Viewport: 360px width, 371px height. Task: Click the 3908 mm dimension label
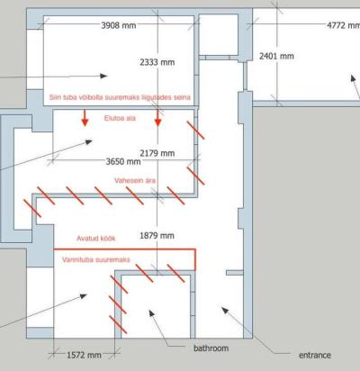coord(119,25)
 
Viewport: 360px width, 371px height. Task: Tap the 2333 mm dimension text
coord(157,62)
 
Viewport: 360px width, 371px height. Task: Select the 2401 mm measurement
coord(276,56)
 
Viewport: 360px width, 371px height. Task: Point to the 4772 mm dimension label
coord(344,25)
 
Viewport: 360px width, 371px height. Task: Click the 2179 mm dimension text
coord(157,153)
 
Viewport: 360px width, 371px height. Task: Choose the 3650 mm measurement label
coord(123,162)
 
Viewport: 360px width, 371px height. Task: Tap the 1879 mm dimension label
coord(157,236)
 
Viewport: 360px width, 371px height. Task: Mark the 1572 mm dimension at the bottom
coord(84,356)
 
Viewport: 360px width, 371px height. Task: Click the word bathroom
coord(211,348)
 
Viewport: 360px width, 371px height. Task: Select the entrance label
coord(315,356)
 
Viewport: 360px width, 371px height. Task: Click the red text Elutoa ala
coord(120,118)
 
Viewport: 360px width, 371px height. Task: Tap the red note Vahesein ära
coord(135,181)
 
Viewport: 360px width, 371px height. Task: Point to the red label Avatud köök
coord(96,239)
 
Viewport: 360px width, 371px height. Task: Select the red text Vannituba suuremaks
coord(96,260)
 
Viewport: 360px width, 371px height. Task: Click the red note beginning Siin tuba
coord(120,97)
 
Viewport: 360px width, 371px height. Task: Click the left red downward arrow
coord(85,118)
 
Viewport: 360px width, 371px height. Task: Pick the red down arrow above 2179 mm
coord(157,118)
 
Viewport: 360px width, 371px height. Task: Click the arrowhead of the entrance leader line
coord(225,310)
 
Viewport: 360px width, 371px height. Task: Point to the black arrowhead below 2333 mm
coord(103,76)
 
